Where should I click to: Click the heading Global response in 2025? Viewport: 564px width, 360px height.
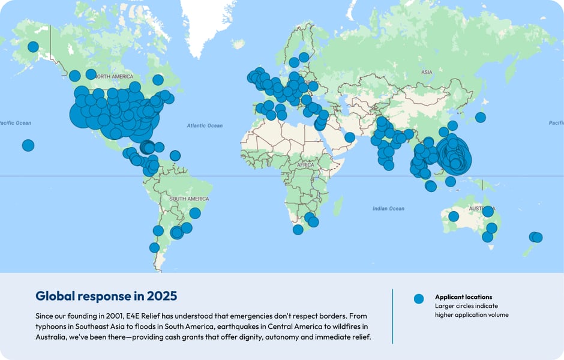point(106,296)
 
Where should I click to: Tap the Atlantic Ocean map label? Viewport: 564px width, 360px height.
point(205,126)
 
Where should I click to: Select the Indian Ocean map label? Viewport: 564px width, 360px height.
point(388,209)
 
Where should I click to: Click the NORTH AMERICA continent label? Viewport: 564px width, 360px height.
point(115,77)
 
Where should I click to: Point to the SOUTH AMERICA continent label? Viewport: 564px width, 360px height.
point(189,199)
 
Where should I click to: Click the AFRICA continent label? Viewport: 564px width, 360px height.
point(305,164)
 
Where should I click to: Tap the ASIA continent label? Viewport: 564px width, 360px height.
point(427,73)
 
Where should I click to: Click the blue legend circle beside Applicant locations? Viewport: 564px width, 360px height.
point(419,298)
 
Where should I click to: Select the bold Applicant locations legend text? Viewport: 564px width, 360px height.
point(463,297)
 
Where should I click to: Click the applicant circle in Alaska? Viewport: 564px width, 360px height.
point(33,47)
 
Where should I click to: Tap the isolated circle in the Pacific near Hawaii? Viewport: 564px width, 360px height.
point(28,145)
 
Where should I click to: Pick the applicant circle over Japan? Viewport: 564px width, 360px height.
point(480,118)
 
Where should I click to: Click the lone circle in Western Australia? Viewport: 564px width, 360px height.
point(454,217)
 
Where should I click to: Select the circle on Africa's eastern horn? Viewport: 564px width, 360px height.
point(350,137)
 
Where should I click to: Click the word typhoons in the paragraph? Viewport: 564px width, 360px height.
point(51,326)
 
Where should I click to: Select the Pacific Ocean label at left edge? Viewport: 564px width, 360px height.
point(16,123)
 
